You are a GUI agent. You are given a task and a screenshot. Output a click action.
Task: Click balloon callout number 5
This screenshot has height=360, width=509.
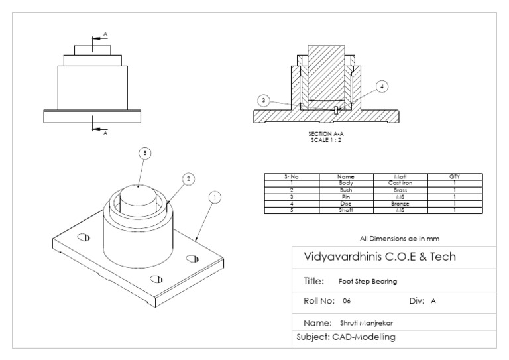point(145,153)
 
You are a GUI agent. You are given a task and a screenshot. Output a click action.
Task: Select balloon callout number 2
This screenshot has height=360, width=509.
point(188,179)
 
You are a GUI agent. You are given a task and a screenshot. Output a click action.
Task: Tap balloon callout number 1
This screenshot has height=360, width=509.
point(214,197)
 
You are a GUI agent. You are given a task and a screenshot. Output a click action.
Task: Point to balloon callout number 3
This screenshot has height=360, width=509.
point(264,100)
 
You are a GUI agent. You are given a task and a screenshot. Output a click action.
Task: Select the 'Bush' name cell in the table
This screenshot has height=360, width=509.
point(345,190)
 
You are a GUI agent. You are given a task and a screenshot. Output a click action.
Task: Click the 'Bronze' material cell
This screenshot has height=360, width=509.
point(400,204)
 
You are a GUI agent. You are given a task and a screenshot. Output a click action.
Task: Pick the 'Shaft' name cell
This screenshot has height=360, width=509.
point(345,211)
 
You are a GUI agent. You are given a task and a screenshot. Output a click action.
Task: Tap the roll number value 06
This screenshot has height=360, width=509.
point(347,301)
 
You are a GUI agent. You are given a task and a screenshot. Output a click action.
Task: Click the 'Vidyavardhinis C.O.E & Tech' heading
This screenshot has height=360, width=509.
point(379,257)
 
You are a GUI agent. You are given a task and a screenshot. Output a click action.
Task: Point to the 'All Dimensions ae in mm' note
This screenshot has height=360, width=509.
point(399,237)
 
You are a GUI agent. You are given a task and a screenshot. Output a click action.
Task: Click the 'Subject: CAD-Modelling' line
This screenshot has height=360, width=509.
point(345,338)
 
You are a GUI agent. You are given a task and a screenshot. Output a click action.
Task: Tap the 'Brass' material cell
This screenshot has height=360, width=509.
point(400,190)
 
